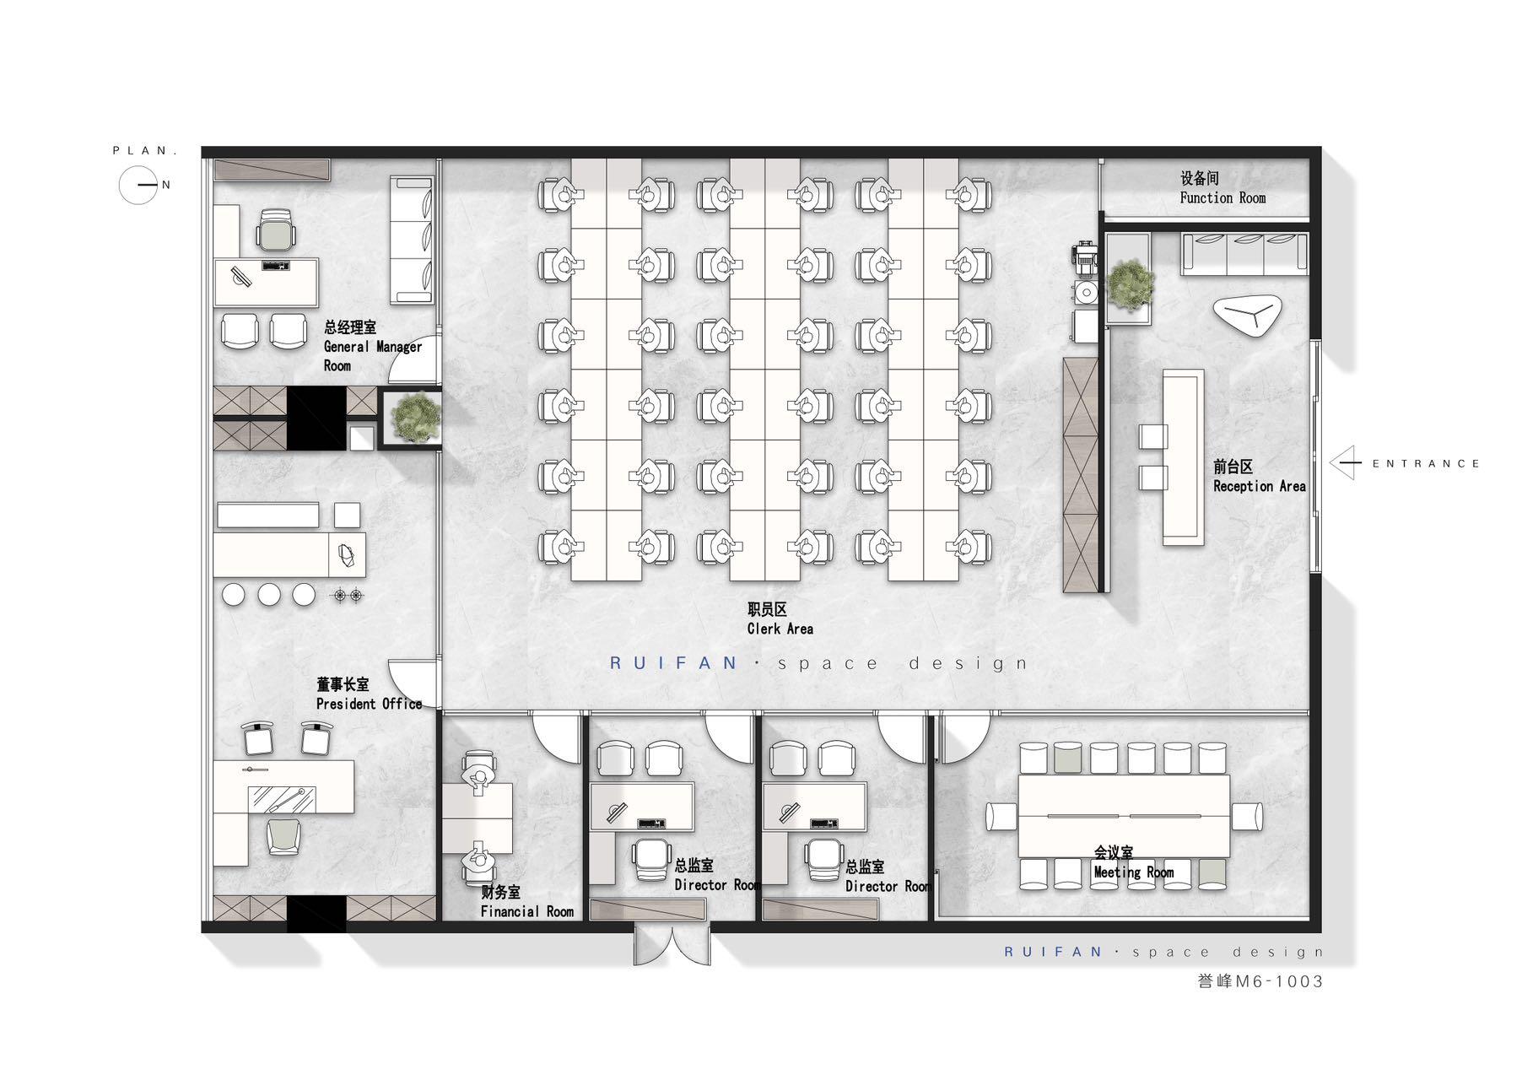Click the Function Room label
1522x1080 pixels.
1222,188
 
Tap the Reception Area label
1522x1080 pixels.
1259,477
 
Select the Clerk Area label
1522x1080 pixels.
780,618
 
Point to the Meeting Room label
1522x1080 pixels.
1133,862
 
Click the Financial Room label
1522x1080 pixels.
526,902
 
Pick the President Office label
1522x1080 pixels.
369,694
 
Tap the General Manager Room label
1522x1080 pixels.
372,346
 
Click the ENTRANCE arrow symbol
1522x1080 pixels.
1346,463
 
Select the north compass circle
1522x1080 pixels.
138,185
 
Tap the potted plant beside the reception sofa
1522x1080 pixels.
1130,283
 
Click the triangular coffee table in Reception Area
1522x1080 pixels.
1248,316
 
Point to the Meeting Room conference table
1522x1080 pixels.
1124,816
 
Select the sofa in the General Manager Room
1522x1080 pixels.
411,240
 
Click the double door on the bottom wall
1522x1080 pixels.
672,944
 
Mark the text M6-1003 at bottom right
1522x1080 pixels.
1279,981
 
